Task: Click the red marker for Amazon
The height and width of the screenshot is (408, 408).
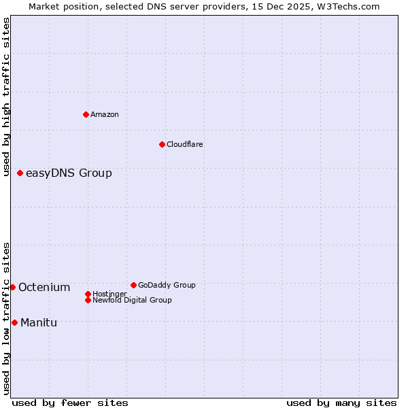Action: (86, 114)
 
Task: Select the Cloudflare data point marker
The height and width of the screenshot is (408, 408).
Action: (162, 144)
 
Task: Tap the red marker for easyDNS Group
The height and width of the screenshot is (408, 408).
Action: (20, 173)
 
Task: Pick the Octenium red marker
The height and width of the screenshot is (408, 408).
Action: (12, 287)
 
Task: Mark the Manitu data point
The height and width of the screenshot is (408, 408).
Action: (14, 322)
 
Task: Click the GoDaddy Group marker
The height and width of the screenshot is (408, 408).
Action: (133, 285)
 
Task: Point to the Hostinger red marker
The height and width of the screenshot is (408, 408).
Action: (88, 294)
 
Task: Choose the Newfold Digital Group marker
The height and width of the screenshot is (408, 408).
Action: (88, 300)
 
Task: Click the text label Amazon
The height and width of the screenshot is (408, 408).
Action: (105, 115)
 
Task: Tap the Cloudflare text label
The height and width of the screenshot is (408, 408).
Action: (185, 145)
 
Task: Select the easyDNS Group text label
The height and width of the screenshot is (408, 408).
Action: (69, 173)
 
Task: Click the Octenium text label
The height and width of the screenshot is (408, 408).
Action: (44, 288)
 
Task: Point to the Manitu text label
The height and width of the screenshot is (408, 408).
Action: (39, 323)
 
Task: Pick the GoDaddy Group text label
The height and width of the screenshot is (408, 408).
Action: (167, 286)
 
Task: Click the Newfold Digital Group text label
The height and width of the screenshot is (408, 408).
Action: (132, 301)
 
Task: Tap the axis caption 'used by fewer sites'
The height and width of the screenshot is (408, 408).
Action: (70, 403)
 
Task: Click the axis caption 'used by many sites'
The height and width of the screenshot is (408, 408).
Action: (341, 403)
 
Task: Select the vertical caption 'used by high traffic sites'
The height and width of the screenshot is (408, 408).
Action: (7, 97)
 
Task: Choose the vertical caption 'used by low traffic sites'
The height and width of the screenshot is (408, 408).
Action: (7, 318)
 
